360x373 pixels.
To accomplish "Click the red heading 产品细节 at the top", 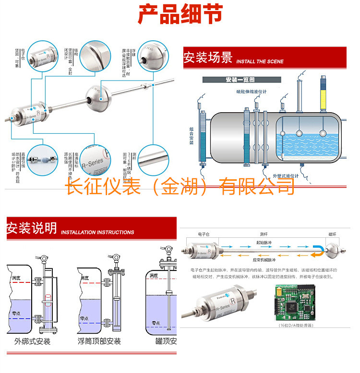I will coord(180,14).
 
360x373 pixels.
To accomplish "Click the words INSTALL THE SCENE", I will coord(260,61).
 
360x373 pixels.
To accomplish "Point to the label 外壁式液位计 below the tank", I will coord(286,176).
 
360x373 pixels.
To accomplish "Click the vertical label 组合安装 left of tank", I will coord(192,136).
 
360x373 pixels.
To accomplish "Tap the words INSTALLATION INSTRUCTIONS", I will coord(97,232).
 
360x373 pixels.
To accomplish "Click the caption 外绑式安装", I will coord(33,341).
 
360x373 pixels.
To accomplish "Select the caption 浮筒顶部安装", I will coord(99,341).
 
